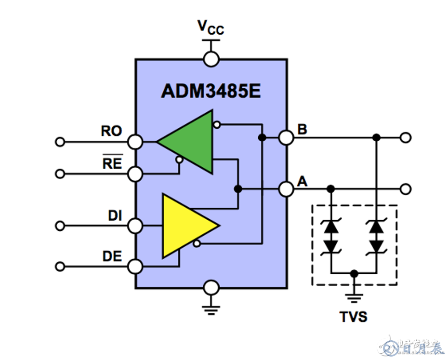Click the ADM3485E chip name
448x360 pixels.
[x=211, y=91]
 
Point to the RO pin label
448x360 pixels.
[x=111, y=131]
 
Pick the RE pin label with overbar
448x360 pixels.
[x=112, y=163]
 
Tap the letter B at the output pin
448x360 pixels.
[x=302, y=129]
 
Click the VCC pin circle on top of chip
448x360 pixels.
[x=211, y=59]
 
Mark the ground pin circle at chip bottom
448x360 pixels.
[x=211, y=288]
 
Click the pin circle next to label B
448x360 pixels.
[x=287, y=138]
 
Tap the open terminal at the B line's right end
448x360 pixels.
[x=406, y=138]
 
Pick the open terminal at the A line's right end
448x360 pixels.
[x=406, y=188]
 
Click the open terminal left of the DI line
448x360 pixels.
[x=60, y=226]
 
